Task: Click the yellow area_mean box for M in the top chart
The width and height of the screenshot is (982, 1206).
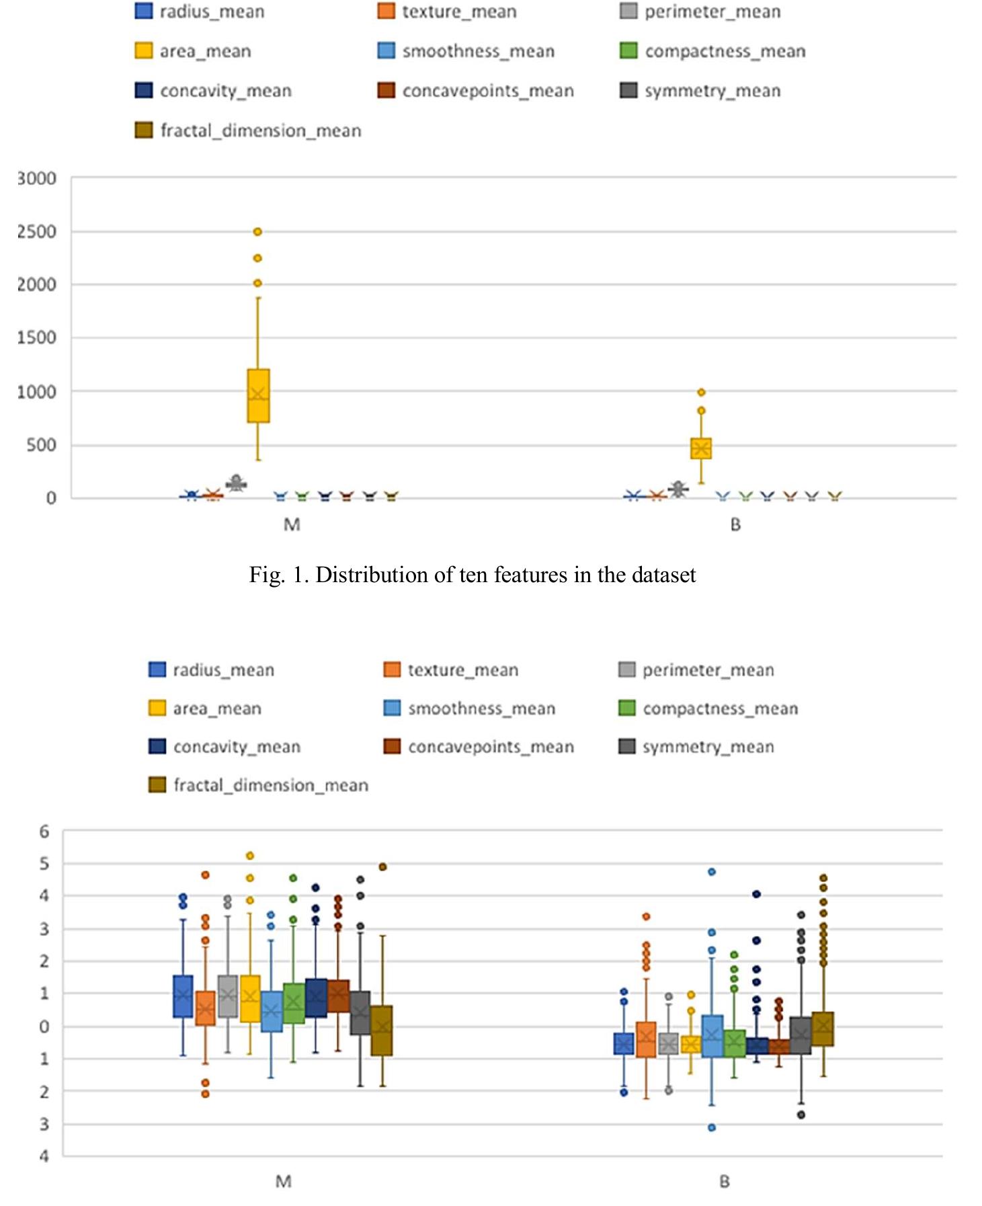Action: pyautogui.click(x=258, y=395)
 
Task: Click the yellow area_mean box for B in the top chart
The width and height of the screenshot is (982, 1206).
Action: pyautogui.click(x=701, y=448)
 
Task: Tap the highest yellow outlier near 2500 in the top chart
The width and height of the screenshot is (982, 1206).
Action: pyautogui.click(x=257, y=232)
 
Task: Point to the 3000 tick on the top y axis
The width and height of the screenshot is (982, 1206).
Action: pyautogui.click(x=37, y=179)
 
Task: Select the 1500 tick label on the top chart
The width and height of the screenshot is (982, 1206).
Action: pyautogui.click(x=37, y=338)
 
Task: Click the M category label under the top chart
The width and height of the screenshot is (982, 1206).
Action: pyautogui.click(x=292, y=525)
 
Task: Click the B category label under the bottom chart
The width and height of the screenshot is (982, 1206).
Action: pyautogui.click(x=724, y=1181)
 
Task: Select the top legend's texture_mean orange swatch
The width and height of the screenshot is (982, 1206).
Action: pyautogui.click(x=386, y=11)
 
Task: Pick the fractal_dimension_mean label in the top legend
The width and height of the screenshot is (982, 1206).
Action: pyautogui.click(x=261, y=130)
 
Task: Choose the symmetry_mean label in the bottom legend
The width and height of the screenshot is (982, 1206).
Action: pyautogui.click(x=708, y=747)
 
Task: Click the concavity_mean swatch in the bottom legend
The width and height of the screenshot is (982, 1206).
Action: pyautogui.click(x=157, y=747)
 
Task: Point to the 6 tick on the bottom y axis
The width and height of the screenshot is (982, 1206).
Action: pyautogui.click(x=44, y=832)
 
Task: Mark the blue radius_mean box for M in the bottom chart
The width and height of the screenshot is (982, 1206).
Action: pyautogui.click(x=183, y=996)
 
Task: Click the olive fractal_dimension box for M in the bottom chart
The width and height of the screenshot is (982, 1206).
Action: pyautogui.click(x=382, y=1031)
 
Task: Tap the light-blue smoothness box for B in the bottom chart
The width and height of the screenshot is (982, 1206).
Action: pyautogui.click(x=712, y=1036)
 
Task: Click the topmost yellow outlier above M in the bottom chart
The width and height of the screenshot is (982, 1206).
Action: pyautogui.click(x=250, y=856)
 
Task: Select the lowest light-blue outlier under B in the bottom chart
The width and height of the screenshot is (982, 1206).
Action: pyautogui.click(x=712, y=1127)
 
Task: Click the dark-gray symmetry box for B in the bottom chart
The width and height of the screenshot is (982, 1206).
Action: pyautogui.click(x=801, y=1035)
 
